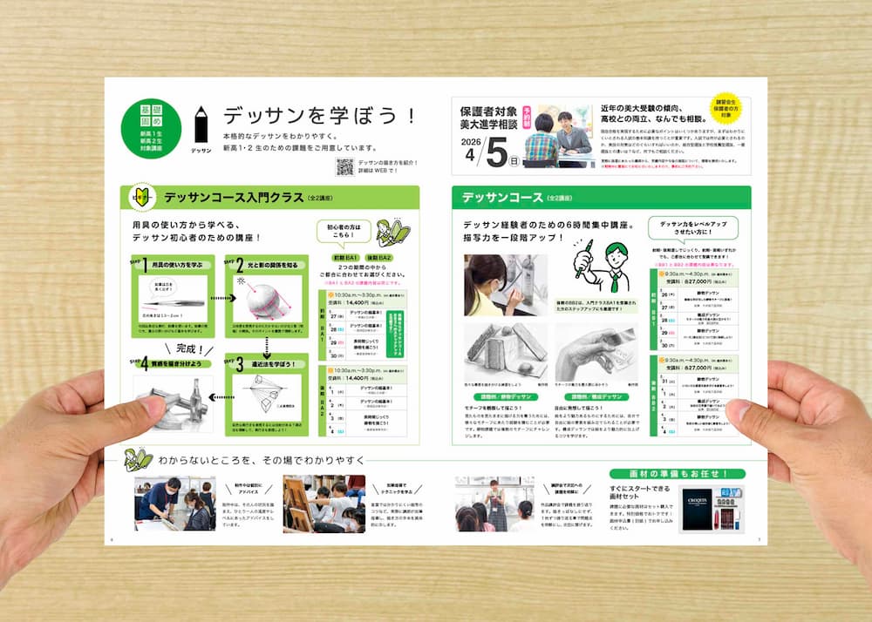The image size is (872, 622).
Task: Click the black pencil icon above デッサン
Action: [201, 125]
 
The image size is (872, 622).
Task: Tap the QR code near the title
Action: [344, 167]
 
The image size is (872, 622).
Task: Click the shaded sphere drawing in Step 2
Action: [262, 301]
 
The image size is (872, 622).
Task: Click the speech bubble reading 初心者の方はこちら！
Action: [345, 230]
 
